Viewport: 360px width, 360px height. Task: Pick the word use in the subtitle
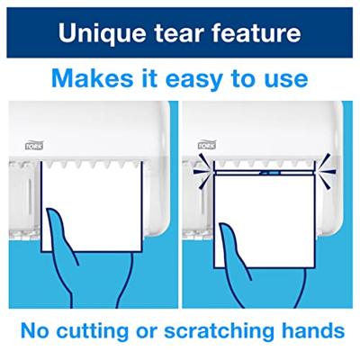click(x=288, y=80)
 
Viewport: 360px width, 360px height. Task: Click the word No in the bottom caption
click(x=34, y=330)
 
